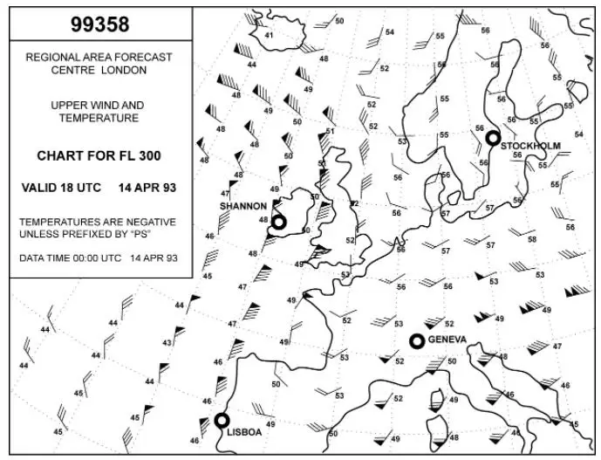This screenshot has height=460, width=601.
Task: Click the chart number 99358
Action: point(99,26)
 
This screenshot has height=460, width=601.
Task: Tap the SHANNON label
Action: point(242,206)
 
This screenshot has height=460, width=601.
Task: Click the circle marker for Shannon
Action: point(278,223)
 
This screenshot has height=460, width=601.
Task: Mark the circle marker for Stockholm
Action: point(493,137)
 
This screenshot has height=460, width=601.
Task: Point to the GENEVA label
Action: point(447,340)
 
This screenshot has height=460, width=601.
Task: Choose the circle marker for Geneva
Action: point(417,340)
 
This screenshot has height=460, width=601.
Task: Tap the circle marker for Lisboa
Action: point(222,421)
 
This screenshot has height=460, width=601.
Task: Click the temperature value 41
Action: point(269,35)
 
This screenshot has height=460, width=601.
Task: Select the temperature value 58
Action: point(532,239)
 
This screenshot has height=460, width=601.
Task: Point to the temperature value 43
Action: point(167,343)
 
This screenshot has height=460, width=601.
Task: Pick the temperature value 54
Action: point(390,32)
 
